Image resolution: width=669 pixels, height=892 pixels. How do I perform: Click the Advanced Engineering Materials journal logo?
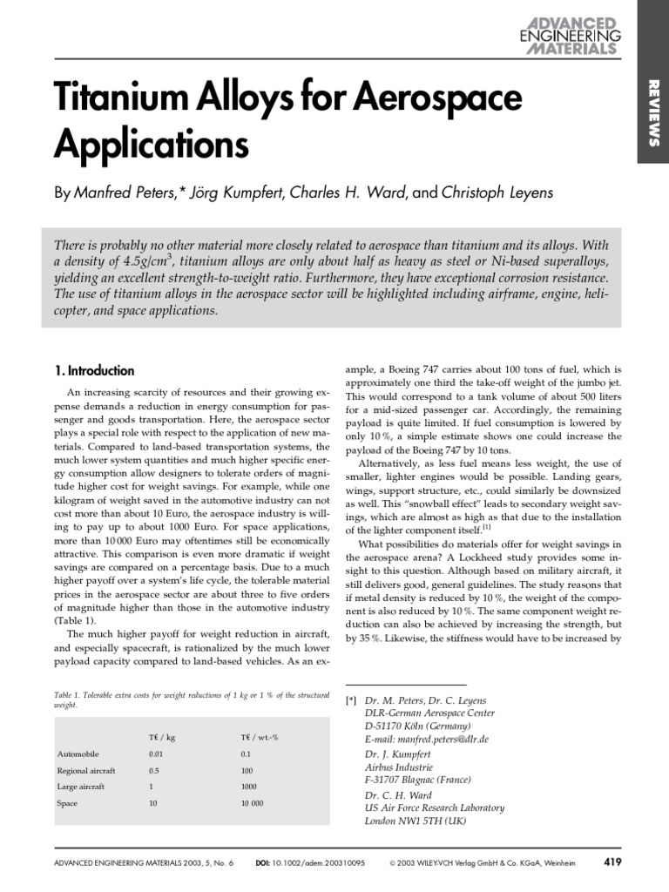coord(571,36)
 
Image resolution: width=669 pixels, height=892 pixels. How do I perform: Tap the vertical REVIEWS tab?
coord(653,111)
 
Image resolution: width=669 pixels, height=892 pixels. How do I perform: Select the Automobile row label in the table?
coord(78,753)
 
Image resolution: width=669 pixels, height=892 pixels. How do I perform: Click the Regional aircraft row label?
coord(86,770)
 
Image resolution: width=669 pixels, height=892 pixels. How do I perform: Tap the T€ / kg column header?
coord(161,736)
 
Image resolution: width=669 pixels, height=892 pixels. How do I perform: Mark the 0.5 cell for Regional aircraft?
coord(154,770)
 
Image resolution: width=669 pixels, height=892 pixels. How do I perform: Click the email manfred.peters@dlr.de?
coord(429,738)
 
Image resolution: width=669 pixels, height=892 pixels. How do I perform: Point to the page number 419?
coord(612,864)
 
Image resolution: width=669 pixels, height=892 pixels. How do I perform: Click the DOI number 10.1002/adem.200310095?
coord(328,865)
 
